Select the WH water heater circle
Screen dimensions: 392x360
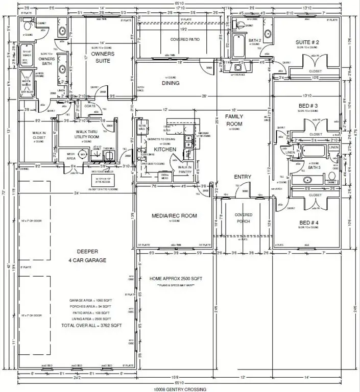click(x=83, y=155)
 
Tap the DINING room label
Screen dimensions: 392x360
click(x=171, y=83)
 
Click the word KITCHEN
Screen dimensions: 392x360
click(x=165, y=150)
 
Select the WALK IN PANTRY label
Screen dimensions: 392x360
click(x=184, y=169)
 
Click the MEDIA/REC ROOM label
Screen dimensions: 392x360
click(x=174, y=215)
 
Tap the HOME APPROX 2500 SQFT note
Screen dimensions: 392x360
click(x=176, y=278)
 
